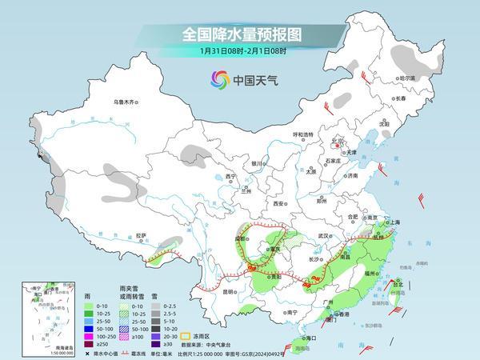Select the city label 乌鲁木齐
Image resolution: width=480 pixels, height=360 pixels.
click(x=126, y=102)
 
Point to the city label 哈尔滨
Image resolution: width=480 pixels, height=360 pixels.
click(x=408, y=78)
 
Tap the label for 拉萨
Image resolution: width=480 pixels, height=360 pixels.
click(x=142, y=235)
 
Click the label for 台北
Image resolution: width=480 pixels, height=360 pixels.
click(x=396, y=282)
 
